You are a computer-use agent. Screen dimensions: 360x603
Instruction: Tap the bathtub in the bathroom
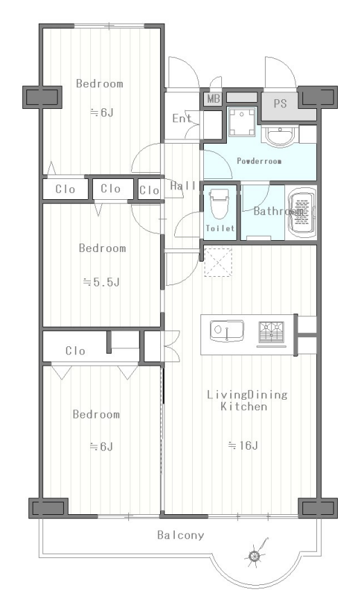[x=302, y=212]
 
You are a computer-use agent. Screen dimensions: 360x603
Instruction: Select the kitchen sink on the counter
[x=227, y=330]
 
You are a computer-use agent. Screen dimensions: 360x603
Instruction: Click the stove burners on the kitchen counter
[x=271, y=332]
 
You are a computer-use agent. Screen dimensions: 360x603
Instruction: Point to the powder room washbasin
[x=280, y=137]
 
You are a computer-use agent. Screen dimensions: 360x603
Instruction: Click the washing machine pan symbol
[x=241, y=122]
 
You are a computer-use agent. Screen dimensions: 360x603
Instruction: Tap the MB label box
[x=213, y=99]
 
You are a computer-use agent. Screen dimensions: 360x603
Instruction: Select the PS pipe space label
[x=280, y=103]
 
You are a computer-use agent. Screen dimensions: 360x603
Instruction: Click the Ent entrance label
[x=182, y=119]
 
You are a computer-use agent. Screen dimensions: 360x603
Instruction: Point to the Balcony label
[x=180, y=535]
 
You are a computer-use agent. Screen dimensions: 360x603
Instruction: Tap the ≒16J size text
[x=243, y=445]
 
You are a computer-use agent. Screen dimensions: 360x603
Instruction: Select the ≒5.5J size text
[x=101, y=282]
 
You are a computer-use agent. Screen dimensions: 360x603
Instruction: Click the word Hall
[x=183, y=186]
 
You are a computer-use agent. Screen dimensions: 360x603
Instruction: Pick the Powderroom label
[x=259, y=161]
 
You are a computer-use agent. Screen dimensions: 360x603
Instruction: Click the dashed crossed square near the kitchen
[x=218, y=263]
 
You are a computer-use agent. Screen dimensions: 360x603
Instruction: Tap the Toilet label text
[x=220, y=228]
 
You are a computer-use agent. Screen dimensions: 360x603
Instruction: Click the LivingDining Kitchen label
[x=247, y=400]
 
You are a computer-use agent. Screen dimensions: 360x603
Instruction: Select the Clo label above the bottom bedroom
[x=76, y=350]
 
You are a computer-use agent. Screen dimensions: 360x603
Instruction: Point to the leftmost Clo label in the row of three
[x=65, y=189]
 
